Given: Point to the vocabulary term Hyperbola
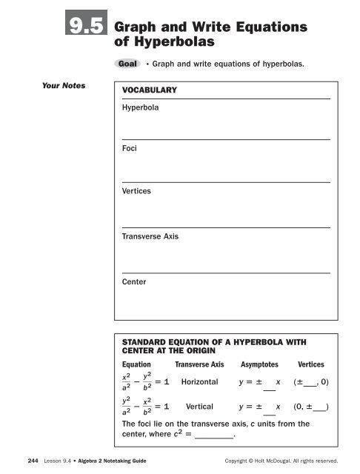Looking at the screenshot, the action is (x=136, y=107).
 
